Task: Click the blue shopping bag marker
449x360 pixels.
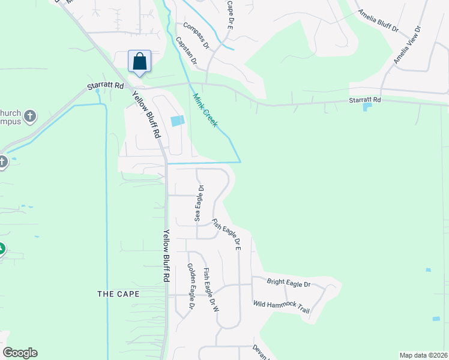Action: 139,62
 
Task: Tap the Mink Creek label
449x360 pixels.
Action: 205,110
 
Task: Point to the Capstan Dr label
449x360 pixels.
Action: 186,50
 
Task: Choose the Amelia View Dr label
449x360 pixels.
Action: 408,46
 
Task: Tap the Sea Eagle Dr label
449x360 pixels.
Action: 199,203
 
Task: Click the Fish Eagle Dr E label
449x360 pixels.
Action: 227,233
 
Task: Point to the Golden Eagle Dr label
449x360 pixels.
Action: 191,286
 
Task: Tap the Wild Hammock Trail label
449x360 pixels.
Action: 281,307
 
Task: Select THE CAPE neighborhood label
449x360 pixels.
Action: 118,294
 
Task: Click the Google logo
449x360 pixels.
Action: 20,353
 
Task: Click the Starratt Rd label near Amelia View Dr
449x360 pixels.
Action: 365,100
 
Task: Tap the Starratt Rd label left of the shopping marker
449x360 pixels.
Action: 105,86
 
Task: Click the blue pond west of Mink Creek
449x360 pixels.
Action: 178,121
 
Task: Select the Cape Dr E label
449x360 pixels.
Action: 229,14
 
